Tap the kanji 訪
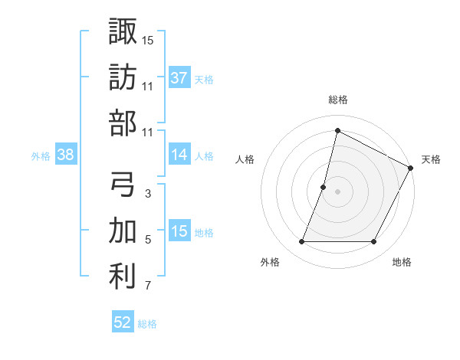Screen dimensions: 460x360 pos(123,77)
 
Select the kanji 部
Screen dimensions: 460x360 pos(123,123)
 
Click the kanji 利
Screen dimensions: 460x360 pos(123,276)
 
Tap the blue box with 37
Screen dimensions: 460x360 pos(179,77)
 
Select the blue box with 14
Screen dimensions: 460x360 pos(179,155)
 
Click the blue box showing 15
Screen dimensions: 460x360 pos(179,232)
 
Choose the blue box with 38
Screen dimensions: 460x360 pos(66,155)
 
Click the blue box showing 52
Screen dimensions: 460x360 pos(123,322)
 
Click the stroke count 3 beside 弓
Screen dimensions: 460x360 pos(148,195)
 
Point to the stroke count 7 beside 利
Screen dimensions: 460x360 pos(148,286)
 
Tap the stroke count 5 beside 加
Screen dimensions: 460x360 pos(148,241)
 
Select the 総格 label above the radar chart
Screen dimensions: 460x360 pos(337,100)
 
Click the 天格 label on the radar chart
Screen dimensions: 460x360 pos(431,159)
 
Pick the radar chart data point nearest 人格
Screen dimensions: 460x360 pos(324,187)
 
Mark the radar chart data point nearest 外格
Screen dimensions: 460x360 pos(301,242)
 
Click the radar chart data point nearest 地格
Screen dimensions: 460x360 pos(374,242)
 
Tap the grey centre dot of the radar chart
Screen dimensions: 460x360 pos(337,191)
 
